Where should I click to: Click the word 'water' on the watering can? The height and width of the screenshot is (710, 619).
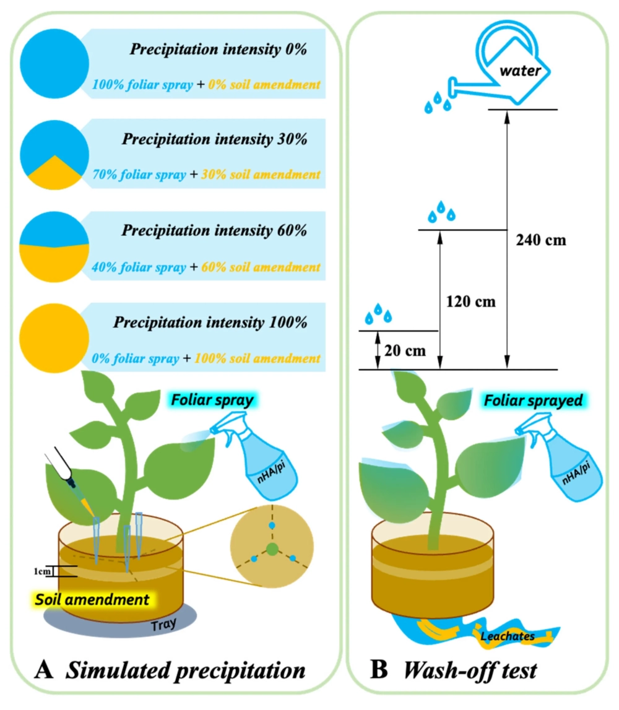pyautogui.click(x=522, y=71)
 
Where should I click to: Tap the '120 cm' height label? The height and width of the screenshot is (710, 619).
pyautogui.click(x=471, y=303)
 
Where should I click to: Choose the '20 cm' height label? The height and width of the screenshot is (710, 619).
pyautogui.click(x=405, y=350)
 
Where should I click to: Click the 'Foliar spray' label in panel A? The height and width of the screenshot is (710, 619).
pyautogui.click(x=214, y=400)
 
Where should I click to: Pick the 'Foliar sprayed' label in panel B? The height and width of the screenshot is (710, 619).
pyautogui.click(x=534, y=401)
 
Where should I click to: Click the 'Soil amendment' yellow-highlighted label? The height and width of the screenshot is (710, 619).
pyautogui.click(x=90, y=599)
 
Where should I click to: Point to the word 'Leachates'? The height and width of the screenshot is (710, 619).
pyautogui.click(x=508, y=635)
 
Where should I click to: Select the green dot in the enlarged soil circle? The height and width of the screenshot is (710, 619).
pyautogui.click(x=272, y=548)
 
